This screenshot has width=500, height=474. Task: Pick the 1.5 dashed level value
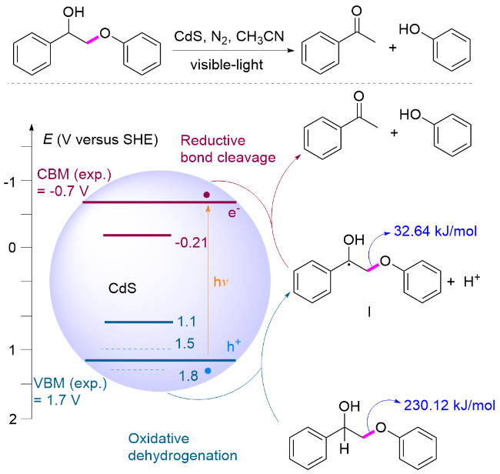185,343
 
